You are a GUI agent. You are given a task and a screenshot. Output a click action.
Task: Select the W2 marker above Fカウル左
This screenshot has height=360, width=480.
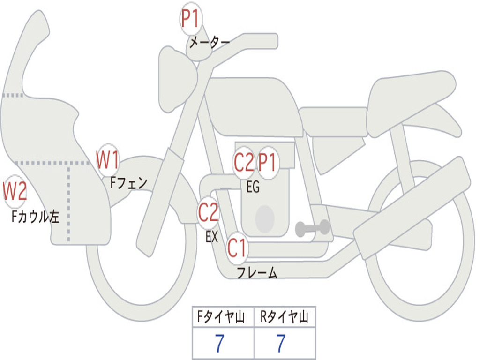(x=15, y=192)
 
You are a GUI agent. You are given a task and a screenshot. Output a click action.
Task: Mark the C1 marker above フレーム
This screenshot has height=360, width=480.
(x=237, y=248)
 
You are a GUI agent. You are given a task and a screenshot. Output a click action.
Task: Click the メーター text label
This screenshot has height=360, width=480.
(x=210, y=43)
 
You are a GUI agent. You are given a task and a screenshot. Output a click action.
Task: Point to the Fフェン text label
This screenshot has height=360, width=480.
(x=128, y=182)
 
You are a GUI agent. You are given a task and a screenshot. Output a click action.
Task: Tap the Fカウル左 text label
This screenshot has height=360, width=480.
(x=36, y=217)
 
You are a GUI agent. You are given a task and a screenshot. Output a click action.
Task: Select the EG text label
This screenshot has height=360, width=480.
(x=253, y=187)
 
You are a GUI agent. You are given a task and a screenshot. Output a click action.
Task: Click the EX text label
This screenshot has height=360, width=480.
(x=212, y=237)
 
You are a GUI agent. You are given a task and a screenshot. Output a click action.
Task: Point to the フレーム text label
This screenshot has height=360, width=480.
(x=257, y=272)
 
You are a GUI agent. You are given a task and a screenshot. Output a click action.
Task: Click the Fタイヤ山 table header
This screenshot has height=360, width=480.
(x=223, y=317)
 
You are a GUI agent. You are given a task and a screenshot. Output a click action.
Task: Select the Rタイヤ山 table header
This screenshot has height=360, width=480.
(x=285, y=317)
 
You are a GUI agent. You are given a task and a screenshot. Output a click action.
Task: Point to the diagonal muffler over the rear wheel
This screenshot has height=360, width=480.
(x=412, y=207)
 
